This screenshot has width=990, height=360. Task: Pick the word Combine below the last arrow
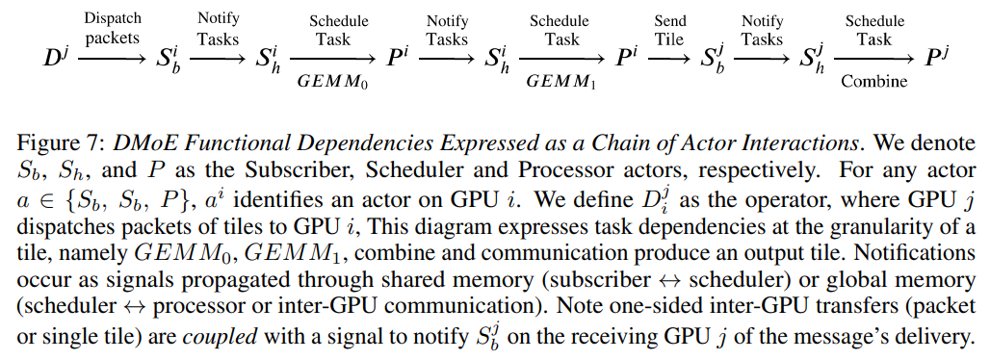tap(873, 82)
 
